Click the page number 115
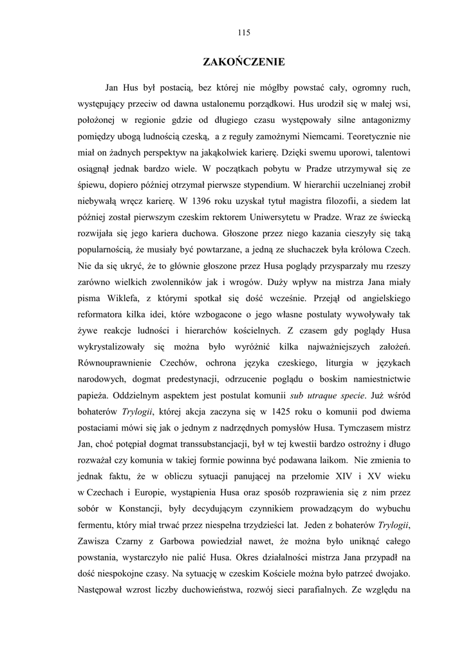pos(243,32)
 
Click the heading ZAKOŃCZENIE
pos(243,62)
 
